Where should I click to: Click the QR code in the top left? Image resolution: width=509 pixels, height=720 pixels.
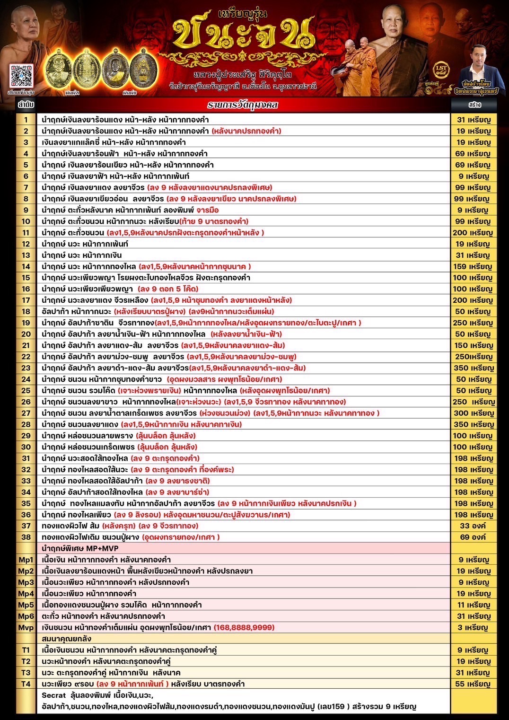click(21, 75)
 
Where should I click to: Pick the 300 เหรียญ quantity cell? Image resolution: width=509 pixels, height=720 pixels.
click(474, 413)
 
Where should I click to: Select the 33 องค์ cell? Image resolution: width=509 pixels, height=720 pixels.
click(472, 526)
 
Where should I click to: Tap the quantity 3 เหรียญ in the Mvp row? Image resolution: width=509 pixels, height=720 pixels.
click(472, 627)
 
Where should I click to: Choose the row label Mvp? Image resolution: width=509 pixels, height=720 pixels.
click(26, 627)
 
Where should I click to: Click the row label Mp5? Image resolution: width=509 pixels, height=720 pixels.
click(26, 605)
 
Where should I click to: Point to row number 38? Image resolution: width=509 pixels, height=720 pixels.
click(26, 537)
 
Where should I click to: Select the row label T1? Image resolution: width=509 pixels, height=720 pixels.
click(26, 650)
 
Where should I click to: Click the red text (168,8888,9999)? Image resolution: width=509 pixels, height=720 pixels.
click(244, 627)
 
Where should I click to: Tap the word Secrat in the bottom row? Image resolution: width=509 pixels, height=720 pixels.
click(53, 695)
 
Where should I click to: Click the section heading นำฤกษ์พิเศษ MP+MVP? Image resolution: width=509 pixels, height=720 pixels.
click(80, 548)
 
